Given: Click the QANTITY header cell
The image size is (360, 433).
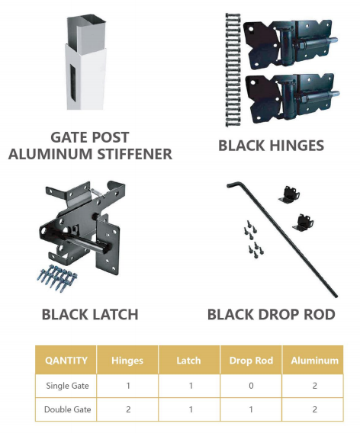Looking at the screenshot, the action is click(x=66, y=361).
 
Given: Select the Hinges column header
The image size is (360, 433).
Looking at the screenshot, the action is click(x=127, y=361).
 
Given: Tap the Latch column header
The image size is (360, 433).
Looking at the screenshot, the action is click(x=189, y=361).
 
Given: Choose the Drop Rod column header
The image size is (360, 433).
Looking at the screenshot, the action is click(x=251, y=361).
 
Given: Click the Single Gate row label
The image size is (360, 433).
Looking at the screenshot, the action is click(x=67, y=386).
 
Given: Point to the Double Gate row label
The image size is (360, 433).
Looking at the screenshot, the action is click(x=67, y=409).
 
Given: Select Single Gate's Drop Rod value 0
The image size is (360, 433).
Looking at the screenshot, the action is click(x=251, y=386).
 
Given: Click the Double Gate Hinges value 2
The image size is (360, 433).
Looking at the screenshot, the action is click(x=128, y=409).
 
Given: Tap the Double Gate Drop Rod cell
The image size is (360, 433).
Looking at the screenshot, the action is click(x=251, y=409).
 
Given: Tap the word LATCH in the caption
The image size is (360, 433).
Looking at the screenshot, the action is click(x=114, y=315).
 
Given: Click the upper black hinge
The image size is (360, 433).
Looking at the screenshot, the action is click(x=290, y=44).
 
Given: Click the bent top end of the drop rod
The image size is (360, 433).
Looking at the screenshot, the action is click(x=234, y=184).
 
